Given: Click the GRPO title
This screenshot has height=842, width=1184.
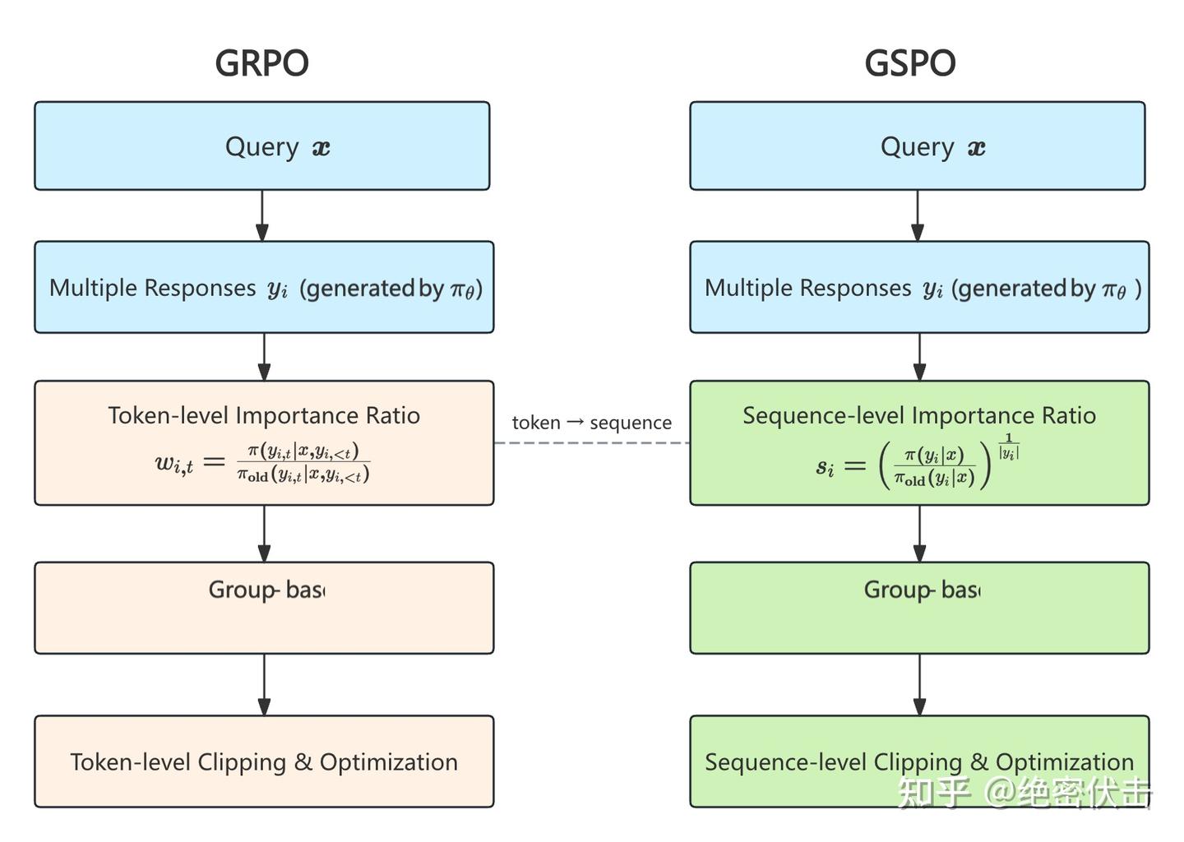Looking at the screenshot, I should click(261, 63).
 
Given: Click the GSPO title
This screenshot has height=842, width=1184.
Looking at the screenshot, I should click(909, 63).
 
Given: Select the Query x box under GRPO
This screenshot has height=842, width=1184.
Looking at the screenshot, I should click(261, 146).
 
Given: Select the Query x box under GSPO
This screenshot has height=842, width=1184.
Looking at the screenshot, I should click(917, 146).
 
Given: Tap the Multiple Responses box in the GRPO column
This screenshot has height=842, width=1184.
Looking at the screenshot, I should click(264, 288).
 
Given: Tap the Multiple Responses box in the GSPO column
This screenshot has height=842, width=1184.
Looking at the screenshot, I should click(919, 288).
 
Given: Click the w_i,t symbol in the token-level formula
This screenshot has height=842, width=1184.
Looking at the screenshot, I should click(174, 463).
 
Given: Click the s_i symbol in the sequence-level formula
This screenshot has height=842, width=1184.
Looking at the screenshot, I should click(825, 467).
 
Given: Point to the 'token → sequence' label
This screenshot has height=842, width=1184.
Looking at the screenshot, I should click(591, 423).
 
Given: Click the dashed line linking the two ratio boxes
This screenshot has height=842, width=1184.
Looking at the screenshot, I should click(591, 443).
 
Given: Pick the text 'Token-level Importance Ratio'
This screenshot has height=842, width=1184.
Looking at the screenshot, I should click(264, 415).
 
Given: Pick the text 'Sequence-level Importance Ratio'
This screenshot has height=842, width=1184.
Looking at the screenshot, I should click(919, 415).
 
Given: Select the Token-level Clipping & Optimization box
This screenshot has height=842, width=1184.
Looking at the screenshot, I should click(264, 761).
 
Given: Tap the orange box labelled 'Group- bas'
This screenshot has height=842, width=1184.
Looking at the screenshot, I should click(264, 608).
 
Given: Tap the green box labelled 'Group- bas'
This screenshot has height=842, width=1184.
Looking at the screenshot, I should click(919, 608).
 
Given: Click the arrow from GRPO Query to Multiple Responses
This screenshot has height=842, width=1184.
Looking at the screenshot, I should click(262, 215).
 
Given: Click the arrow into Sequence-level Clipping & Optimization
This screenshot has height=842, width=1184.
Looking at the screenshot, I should click(919, 685).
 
